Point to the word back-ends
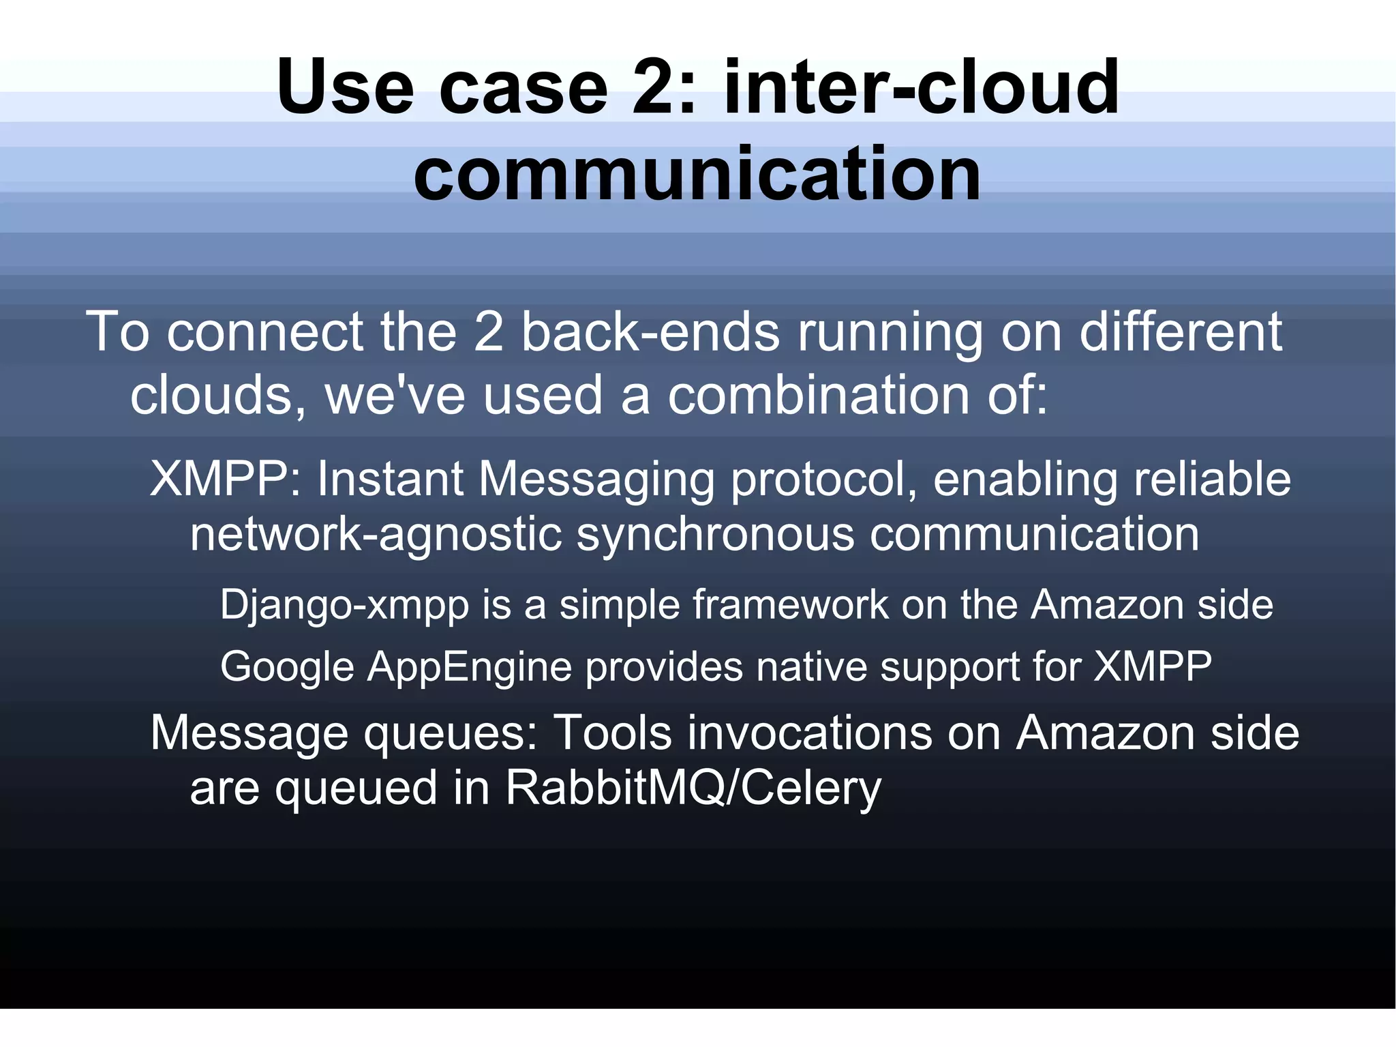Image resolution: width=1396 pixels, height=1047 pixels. pyautogui.click(x=650, y=332)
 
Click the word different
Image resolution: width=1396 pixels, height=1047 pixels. pyautogui.click(x=1181, y=332)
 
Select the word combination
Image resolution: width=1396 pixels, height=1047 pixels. pyautogui.click(x=817, y=396)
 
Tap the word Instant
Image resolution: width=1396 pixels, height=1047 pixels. pyautogui.click(x=390, y=479)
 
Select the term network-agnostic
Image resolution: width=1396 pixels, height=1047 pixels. pyautogui.click(x=376, y=535)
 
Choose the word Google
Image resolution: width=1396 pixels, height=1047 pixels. pyautogui.click(x=287, y=667)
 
